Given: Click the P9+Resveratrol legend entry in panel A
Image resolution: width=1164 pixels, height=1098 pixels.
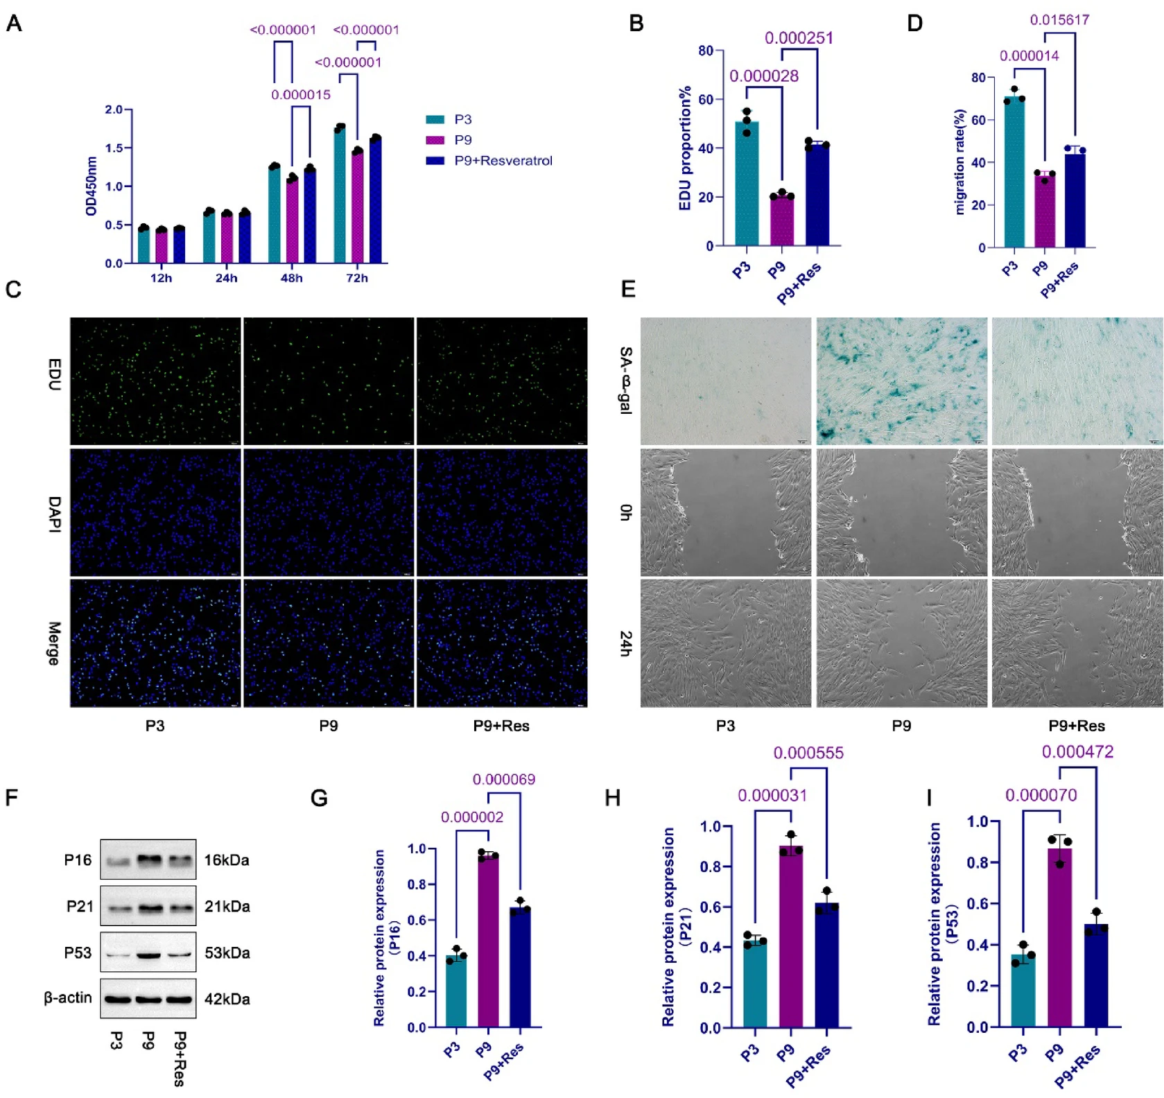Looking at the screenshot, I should [503, 161].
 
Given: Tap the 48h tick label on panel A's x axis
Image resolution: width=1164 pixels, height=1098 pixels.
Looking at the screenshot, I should [291, 278].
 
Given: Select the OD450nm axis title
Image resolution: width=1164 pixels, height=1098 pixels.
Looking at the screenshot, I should [91, 186].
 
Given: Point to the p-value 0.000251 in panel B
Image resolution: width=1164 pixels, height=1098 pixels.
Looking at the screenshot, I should [799, 38].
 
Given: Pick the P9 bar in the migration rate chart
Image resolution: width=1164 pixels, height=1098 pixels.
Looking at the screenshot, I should [1044, 211].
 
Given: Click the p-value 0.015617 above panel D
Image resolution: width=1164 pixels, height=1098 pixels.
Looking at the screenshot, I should [1059, 20].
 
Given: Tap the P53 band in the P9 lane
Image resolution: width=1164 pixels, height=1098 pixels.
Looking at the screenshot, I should [148, 955].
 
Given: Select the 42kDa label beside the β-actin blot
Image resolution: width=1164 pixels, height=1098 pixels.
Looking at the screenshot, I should [227, 999].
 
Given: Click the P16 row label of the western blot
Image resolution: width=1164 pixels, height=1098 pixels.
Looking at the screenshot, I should [78, 860].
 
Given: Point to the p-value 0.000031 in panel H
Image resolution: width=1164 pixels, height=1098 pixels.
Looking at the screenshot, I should [772, 796].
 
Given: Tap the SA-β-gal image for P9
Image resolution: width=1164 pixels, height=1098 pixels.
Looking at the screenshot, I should [901, 381].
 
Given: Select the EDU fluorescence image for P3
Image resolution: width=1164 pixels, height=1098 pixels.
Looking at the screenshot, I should [155, 381].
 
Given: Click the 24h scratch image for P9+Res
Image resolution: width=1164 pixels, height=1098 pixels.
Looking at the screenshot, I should [1077, 643].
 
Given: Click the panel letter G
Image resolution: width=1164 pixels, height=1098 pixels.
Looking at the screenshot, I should [319, 798].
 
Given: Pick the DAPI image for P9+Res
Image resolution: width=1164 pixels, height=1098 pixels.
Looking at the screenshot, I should [501, 512].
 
